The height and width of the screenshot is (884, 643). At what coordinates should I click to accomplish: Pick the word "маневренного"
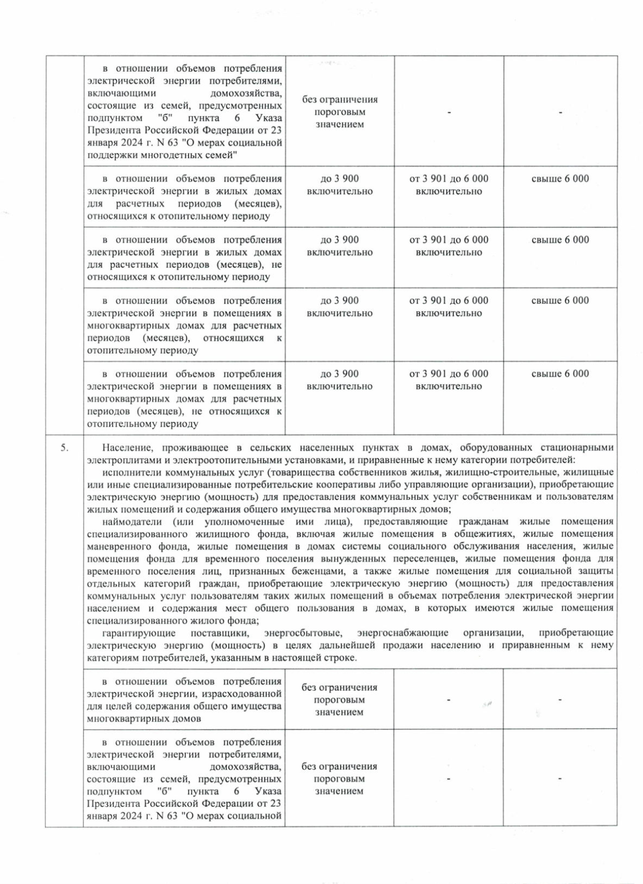(x=114, y=547)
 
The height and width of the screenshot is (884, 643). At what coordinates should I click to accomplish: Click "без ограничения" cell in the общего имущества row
(x=339, y=699)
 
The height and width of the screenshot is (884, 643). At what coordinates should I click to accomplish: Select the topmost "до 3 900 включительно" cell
(x=339, y=185)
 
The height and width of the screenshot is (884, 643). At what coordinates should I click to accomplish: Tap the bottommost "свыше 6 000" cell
(x=560, y=374)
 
